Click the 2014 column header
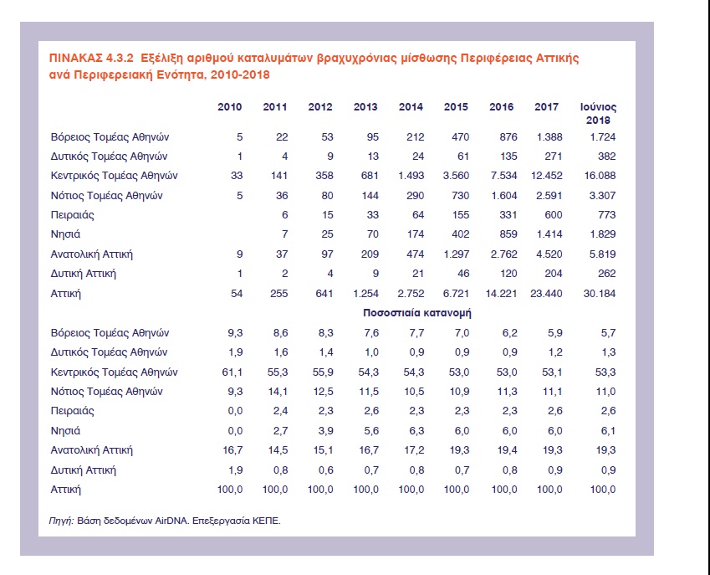[x=411, y=107]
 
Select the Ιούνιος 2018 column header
[x=598, y=113]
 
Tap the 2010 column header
[x=230, y=107]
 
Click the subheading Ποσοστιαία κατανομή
[x=417, y=313]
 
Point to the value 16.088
[x=600, y=176]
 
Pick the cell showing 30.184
[x=600, y=293]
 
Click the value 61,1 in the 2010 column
[x=232, y=372]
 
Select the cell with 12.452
[x=547, y=176]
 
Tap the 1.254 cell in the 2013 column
[x=365, y=293]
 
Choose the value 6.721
[x=456, y=293]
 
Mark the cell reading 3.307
[x=603, y=195]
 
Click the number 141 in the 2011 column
[x=279, y=176]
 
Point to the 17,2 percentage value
[x=414, y=450]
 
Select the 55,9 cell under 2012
[x=323, y=372]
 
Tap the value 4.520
[x=549, y=254]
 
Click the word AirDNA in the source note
[x=171, y=521]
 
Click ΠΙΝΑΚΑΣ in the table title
[x=76, y=58]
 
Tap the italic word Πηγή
[x=61, y=521]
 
